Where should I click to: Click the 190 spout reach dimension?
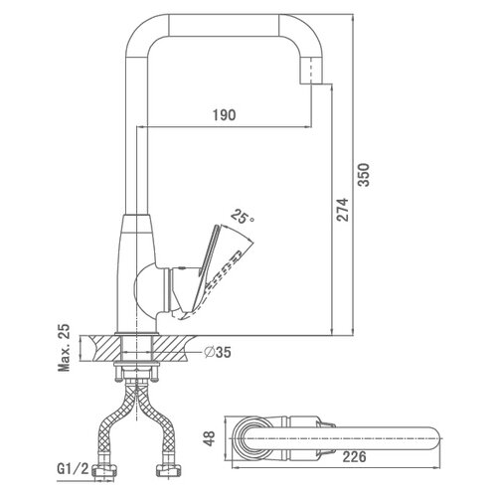click(224, 114)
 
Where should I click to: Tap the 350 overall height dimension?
click(364, 175)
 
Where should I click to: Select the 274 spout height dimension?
click(342, 210)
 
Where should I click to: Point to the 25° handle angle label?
click(243, 217)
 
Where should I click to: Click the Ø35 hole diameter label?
click(218, 352)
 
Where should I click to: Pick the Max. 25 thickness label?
click(64, 347)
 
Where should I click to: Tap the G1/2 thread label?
click(73, 469)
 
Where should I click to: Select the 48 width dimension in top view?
click(210, 438)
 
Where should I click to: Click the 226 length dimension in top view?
click(354, 456)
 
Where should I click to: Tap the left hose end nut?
click(104, 470)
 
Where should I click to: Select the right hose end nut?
click(168, 470)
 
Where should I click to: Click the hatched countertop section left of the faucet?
click(100, 348)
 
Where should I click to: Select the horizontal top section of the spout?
click(224, 25)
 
